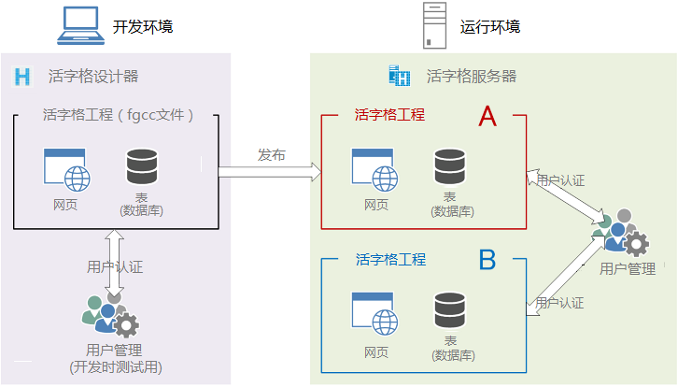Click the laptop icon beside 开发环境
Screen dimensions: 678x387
(x=81, y=25)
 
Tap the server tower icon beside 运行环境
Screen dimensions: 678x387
(x=434, y=25)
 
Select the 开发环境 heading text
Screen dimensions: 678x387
(x=143, y=27)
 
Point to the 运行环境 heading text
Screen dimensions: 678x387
(x=490, y=27)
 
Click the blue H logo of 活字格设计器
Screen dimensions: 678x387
(x=22, y=77)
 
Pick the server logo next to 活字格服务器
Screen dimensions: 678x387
(x=400, y=76)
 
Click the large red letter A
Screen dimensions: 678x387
(x=487, y=116)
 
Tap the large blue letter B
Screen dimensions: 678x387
(x=487, y=260)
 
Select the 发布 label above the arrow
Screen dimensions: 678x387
(x=272, y=154)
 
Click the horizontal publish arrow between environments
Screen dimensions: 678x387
(x=270, y=172)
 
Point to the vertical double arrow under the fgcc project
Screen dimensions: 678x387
(x=115, y=263)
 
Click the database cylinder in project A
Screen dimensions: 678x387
(x=450, y=166)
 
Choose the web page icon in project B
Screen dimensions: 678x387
(x=374, y=313)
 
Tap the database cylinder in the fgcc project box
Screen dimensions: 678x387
(x=141, y=166)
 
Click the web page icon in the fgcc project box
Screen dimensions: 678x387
(x=66, y=170)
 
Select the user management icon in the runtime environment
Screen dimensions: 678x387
(x=620, y=233)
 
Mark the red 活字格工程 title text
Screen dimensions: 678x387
(x=389, y=115)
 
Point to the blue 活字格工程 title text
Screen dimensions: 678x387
(x=390, y=259)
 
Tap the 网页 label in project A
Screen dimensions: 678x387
(x=376, y=205)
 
